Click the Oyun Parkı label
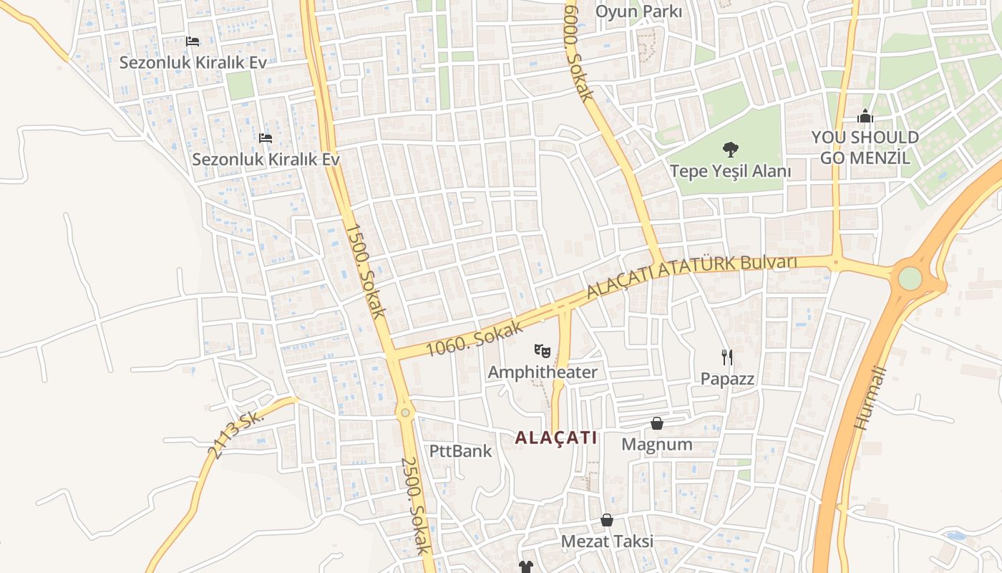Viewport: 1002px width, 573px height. (638, 11)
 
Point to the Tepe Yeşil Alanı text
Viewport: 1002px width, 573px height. (730, 171)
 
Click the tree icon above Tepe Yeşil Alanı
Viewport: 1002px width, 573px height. (730, 150)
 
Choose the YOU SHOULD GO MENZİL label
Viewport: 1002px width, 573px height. (865, 148)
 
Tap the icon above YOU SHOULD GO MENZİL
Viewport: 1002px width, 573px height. (865, 116)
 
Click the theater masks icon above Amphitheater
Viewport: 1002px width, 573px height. (543, 351)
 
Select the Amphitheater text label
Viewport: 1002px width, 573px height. (542, 372)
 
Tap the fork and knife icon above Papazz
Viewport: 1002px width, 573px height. (727, 357)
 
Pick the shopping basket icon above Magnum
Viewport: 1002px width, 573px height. (656, 423)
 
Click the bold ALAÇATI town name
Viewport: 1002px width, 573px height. (555, 438)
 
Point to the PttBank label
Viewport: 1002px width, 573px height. (460, 451)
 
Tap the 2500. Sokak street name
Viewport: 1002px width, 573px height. (415, 506)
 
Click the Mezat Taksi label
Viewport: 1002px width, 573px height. (607, 541)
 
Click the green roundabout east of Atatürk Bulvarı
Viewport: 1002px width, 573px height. (910, 278)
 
